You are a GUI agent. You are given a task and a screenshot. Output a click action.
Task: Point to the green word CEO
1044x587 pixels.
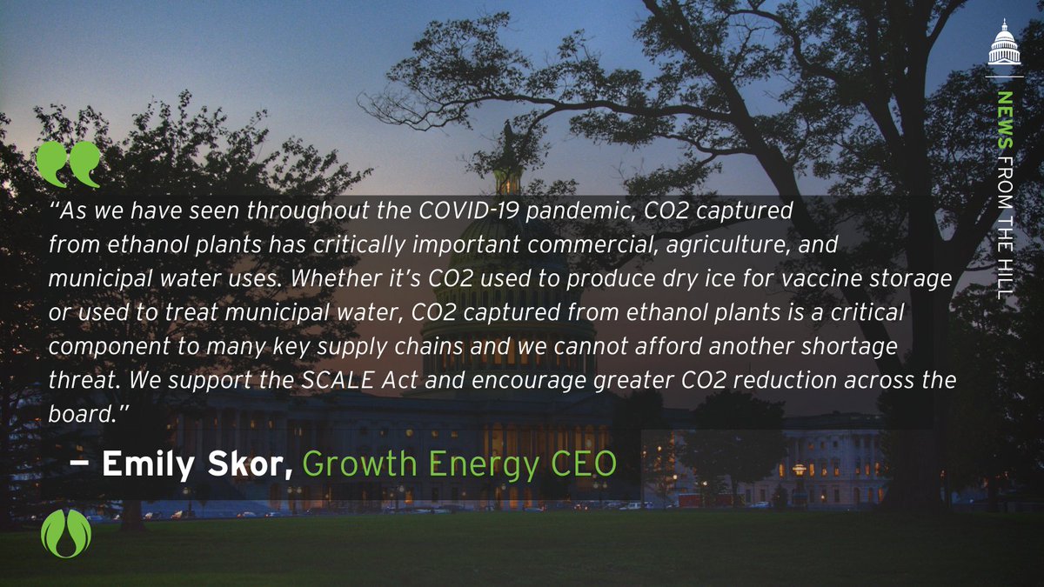click(x=586, y=464)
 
